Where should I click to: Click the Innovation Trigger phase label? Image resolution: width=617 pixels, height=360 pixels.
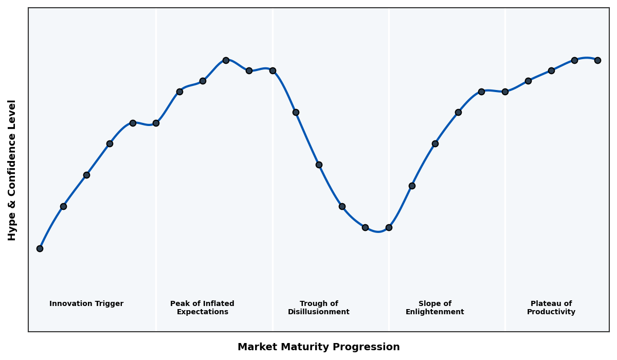click(86, 304)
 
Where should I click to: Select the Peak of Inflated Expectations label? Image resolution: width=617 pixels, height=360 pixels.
click(202, 308)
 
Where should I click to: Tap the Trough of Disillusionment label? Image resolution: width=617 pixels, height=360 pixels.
click(319, 308)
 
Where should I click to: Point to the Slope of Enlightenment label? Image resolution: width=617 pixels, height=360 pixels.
click(434, 308)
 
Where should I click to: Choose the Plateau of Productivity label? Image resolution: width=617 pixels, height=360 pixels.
click(551, 308)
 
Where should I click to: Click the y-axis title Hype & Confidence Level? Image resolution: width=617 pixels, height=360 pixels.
click(12, 170)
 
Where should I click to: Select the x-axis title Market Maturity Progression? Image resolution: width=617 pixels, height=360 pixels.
click(319, 347)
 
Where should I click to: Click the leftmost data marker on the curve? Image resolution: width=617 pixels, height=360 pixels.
click(40, 248)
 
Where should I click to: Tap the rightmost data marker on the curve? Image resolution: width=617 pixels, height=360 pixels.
click(597, 60)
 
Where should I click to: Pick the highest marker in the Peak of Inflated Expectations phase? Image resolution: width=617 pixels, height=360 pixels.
click(226, 60)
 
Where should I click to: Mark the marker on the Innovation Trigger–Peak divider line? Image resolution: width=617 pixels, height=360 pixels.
click(156, 123)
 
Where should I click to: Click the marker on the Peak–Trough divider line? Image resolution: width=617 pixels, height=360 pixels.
click(273, 70)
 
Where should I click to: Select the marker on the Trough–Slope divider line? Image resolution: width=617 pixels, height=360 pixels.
click(389, 227)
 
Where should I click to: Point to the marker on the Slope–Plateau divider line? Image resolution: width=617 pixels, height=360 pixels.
click(505, 92)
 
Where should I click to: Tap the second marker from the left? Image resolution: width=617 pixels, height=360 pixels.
click(63, 206)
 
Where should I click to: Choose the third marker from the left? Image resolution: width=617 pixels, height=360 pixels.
click(86, 175)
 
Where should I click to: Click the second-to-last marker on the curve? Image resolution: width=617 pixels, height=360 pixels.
click(574, 60)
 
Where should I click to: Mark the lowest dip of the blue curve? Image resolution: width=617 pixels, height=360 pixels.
click(378, 231)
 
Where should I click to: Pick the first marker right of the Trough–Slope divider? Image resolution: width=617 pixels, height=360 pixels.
click(412, 186)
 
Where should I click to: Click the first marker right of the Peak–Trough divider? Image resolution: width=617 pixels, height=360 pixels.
click(296, 112)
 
